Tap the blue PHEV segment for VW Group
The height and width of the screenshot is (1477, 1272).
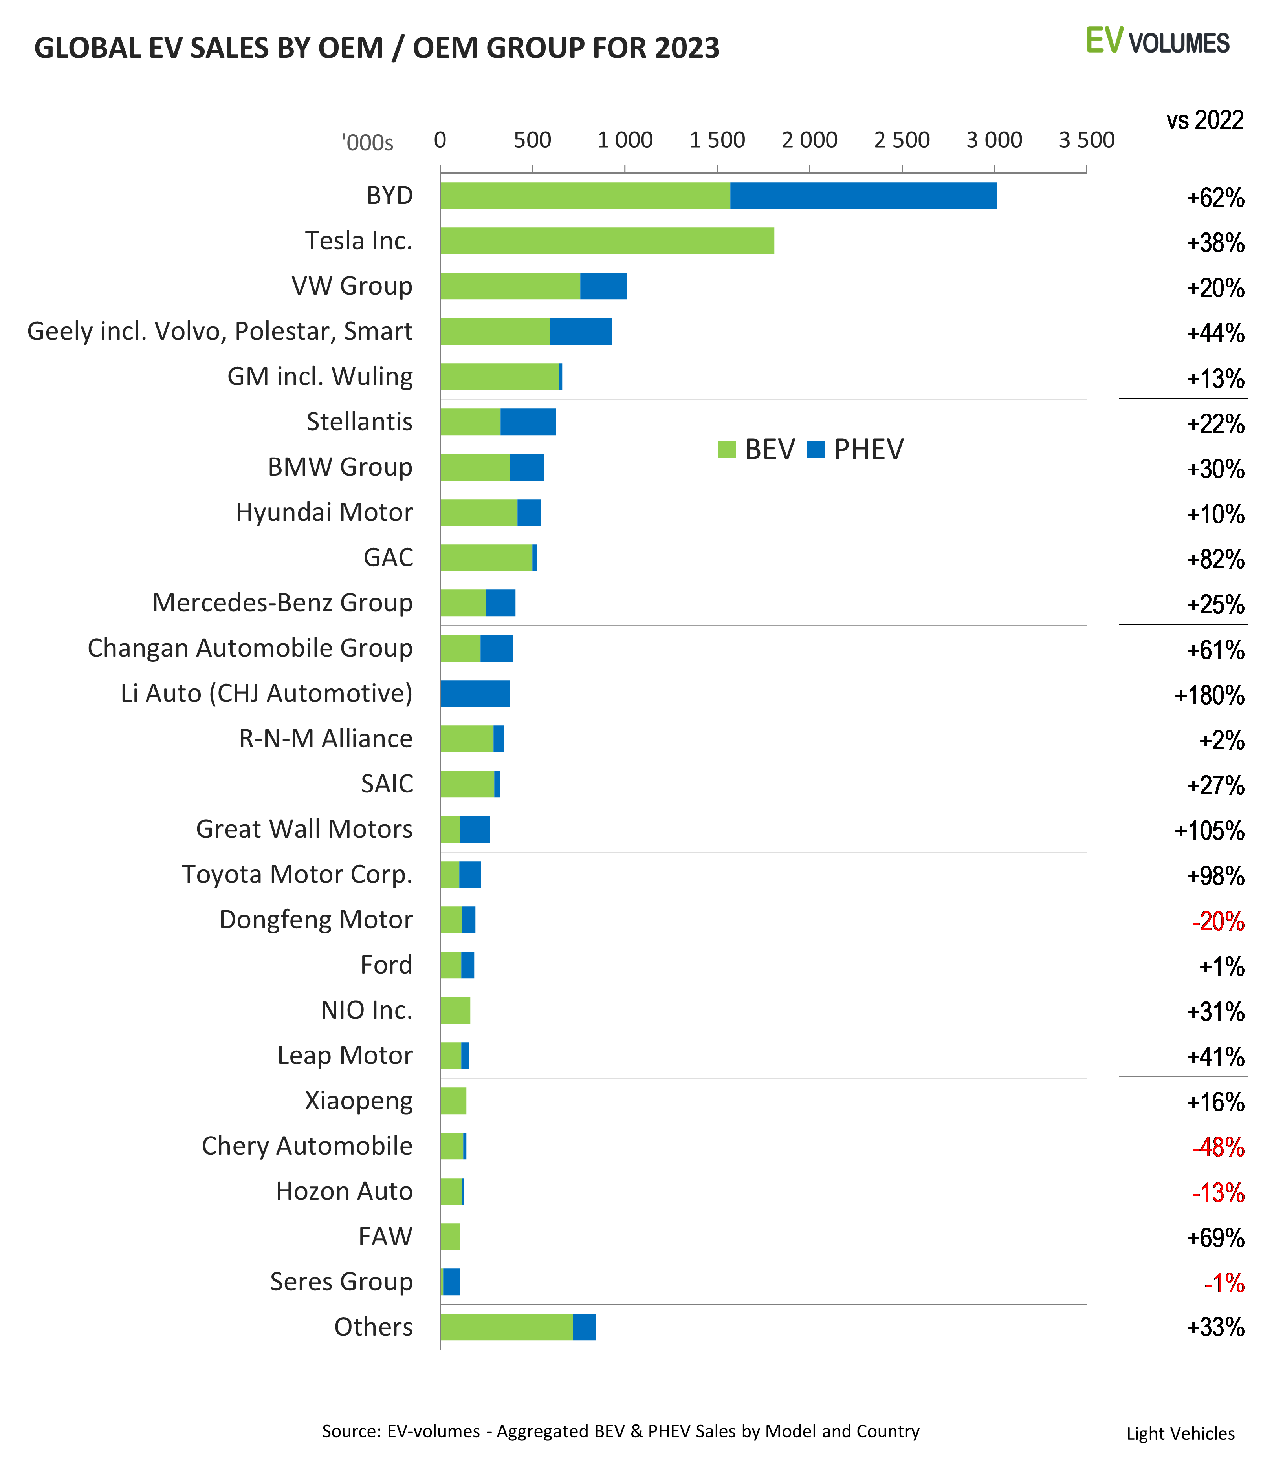coord(603,286)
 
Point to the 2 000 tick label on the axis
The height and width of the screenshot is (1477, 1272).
coord(809,141)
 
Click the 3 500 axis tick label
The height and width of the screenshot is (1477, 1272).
coord(1086,141)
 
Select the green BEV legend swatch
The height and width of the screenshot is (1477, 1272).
coord(727,450)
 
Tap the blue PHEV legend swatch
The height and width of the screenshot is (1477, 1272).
coord(816,450)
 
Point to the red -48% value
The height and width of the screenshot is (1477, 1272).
coord(1218,1147)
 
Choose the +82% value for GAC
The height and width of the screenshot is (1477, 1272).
coord(1216,560)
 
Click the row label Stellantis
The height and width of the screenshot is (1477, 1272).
coord(359,422)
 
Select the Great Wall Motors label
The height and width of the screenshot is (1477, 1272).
coord(304,829)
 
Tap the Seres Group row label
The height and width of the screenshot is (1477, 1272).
coord(341,1282)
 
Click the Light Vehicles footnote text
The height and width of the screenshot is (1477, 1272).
coord(1180,1433)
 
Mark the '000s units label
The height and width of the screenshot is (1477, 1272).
coord(367,143)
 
